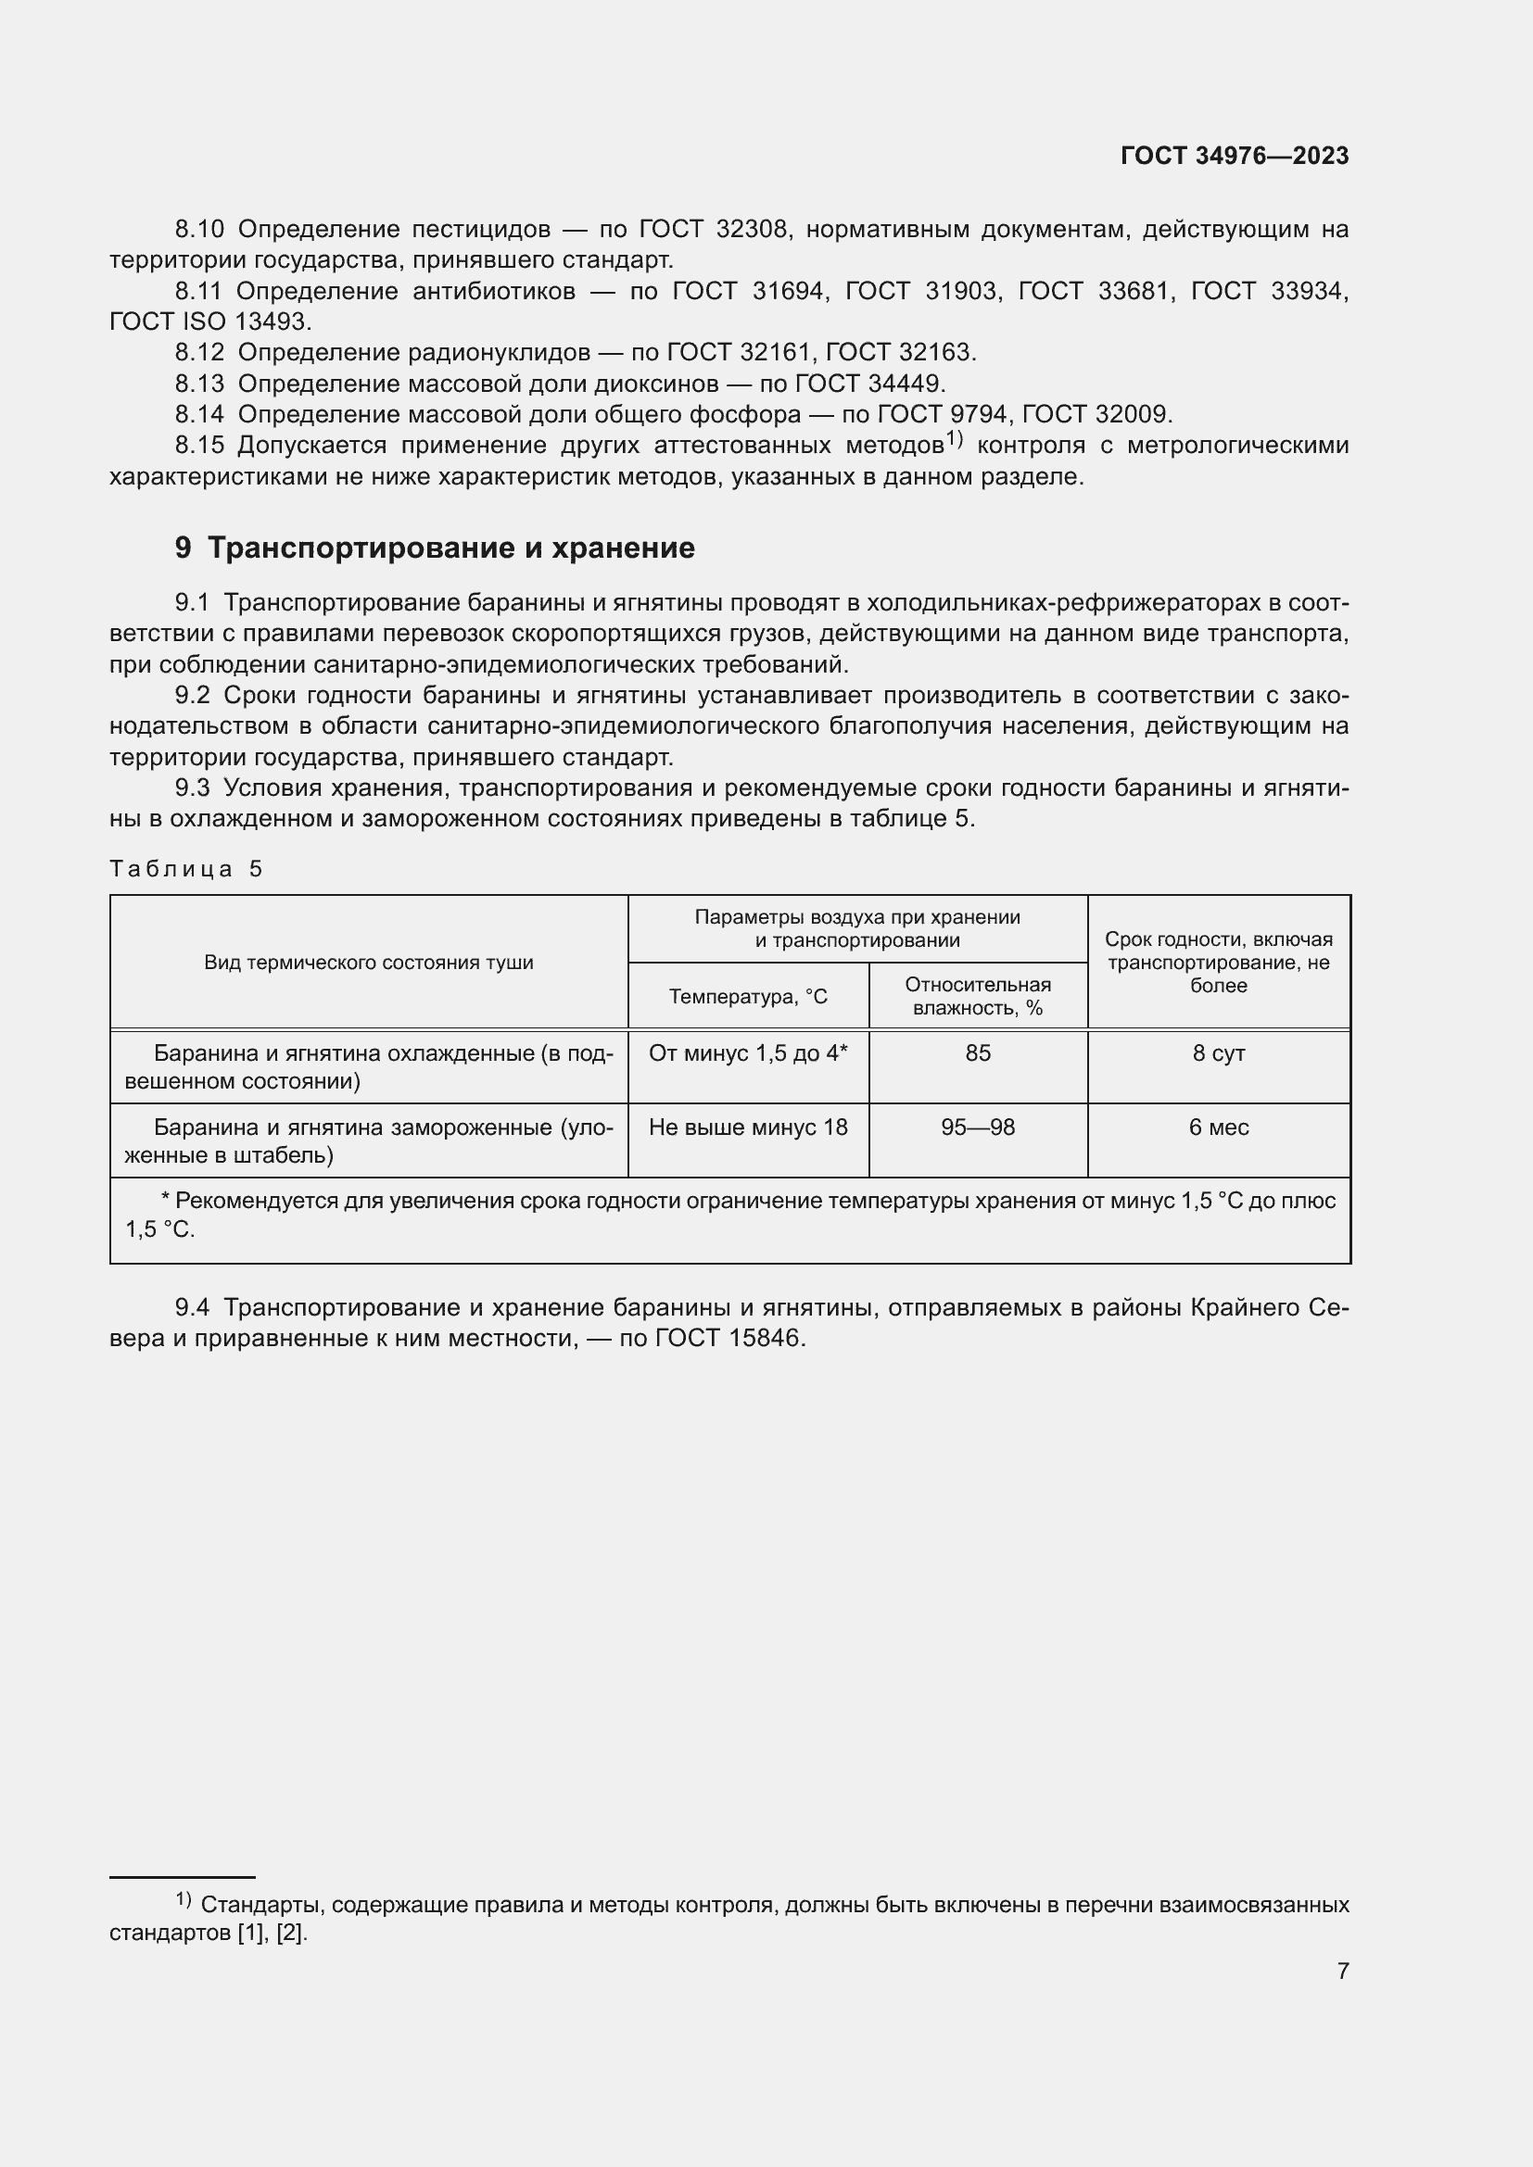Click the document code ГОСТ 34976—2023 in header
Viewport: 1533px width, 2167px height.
[x=1234, y=157]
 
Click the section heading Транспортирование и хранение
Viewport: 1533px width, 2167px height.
[x=450, y=548]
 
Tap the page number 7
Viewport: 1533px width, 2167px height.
[x=1342, y=1971]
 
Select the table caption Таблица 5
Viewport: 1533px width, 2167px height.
[x=186, y=869]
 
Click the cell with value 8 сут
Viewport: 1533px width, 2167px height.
[x=1218, y=1053]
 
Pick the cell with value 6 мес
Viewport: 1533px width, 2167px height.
[x=1218, y=1128]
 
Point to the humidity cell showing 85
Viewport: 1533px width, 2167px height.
[x=977, y=1053]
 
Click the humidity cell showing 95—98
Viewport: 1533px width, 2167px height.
[x=977, y=1128]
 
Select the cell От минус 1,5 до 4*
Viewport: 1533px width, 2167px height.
[x=748, y=1053]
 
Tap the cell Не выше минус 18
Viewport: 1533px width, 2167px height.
[x=748, y=1128]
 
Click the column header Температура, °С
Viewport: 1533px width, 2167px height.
[x=748, y=997]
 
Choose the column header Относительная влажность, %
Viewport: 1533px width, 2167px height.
[x=977, y=997]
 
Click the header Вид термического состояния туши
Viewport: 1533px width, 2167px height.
[x=368, y=963]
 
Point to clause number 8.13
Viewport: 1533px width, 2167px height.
[x=199, y=384]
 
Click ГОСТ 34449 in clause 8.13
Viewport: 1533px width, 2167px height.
[x=868, y=384]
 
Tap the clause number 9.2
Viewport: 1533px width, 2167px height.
[x=193, y=696]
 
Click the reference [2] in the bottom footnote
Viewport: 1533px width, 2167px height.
[x=291, y=1934]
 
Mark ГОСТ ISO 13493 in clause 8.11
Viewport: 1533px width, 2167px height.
[x=209, y=321]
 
